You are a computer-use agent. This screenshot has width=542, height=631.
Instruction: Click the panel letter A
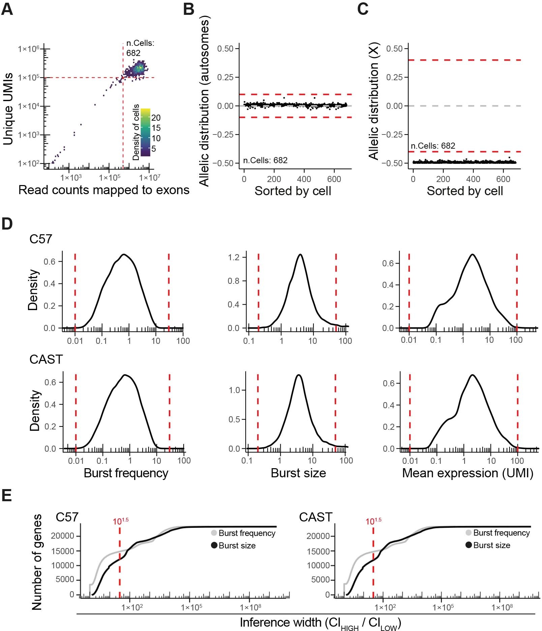(x=7, y=9)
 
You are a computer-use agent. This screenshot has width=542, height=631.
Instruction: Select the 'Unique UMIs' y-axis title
(x=8, y=109)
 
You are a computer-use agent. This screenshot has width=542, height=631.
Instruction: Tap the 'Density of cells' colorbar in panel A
(x=145, y=132)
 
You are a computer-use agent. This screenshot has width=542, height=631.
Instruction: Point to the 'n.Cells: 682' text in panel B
(x=265, y=160)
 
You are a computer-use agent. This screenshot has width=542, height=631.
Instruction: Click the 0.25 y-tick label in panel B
(x=225, y=77)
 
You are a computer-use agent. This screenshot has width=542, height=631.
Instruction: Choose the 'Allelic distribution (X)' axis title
(x=374, y=101)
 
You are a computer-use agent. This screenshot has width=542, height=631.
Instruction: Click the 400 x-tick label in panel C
(x=473, y=179)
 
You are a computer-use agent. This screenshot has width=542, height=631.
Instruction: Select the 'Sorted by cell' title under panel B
(x=293, y=191)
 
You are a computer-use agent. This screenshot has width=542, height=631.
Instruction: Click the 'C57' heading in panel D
(x=41, y=239)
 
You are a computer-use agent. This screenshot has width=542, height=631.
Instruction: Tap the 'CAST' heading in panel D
(x=46, y=359)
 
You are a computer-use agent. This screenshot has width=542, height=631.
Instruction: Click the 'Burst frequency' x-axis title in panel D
(x=126, y=473)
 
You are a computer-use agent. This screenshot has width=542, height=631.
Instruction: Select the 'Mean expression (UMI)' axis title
(x=468, y=473)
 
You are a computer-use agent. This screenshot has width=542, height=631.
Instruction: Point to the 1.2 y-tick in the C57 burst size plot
(x=234, y=257)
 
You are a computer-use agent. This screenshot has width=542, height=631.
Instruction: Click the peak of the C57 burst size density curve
(x=300, y=254)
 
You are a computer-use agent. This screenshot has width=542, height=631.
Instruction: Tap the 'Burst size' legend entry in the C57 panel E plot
(x=237, y=545)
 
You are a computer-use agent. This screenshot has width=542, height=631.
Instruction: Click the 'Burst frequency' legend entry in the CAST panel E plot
(x=501, y=533)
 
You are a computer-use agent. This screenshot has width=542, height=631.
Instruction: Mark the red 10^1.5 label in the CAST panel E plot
(x=373, y=521)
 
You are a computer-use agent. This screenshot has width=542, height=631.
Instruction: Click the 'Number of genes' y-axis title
(x=37, y=562)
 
